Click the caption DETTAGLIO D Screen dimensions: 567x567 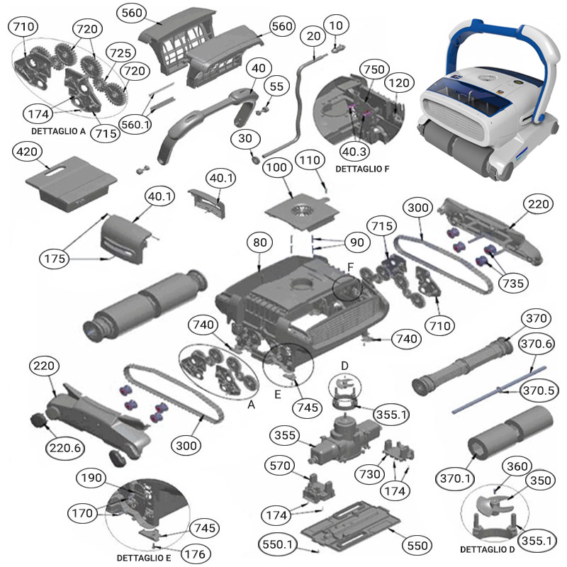488,549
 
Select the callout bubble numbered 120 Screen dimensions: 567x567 400,83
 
